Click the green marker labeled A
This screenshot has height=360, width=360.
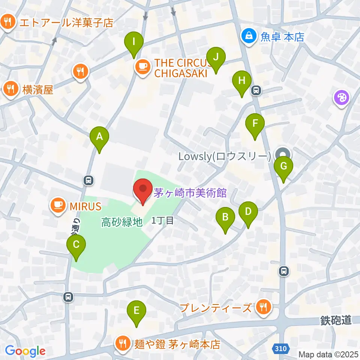99,137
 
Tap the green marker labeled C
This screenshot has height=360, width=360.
76,245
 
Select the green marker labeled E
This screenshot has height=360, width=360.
136,311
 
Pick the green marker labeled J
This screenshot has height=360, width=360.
216,58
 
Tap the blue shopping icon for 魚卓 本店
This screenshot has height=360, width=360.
248,36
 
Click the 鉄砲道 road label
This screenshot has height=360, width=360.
336,320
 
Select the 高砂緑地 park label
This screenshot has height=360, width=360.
122,222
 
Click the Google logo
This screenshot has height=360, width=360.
25,351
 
